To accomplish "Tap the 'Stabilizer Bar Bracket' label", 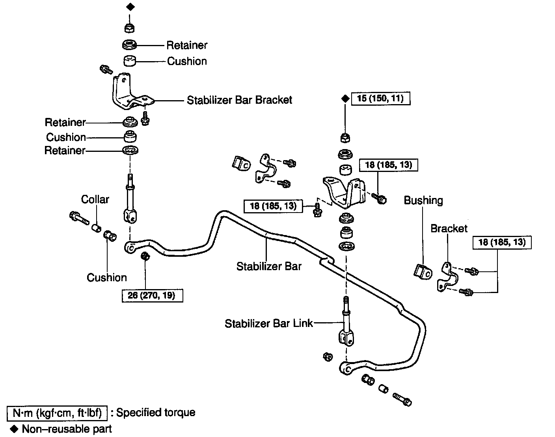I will [x=239, y=100].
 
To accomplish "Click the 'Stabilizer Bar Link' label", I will [x=268, y=323].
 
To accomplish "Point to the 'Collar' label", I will [x=95, y=199].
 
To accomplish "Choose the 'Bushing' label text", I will [x=423, y=200].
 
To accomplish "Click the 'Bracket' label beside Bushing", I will [x=449, y=228].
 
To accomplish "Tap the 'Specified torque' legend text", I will [x=156, y=413].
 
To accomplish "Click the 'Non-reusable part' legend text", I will [x=67, y=429].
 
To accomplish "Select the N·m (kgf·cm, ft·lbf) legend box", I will [x=58, y=413].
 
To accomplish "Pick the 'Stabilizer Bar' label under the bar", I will [x=269, y=267].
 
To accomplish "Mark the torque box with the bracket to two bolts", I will [x=502, y=242].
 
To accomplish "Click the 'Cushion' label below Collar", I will [x=107, y=277].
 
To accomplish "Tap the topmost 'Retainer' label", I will [x=187, y=45].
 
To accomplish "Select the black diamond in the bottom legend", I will [x=15, y=429].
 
